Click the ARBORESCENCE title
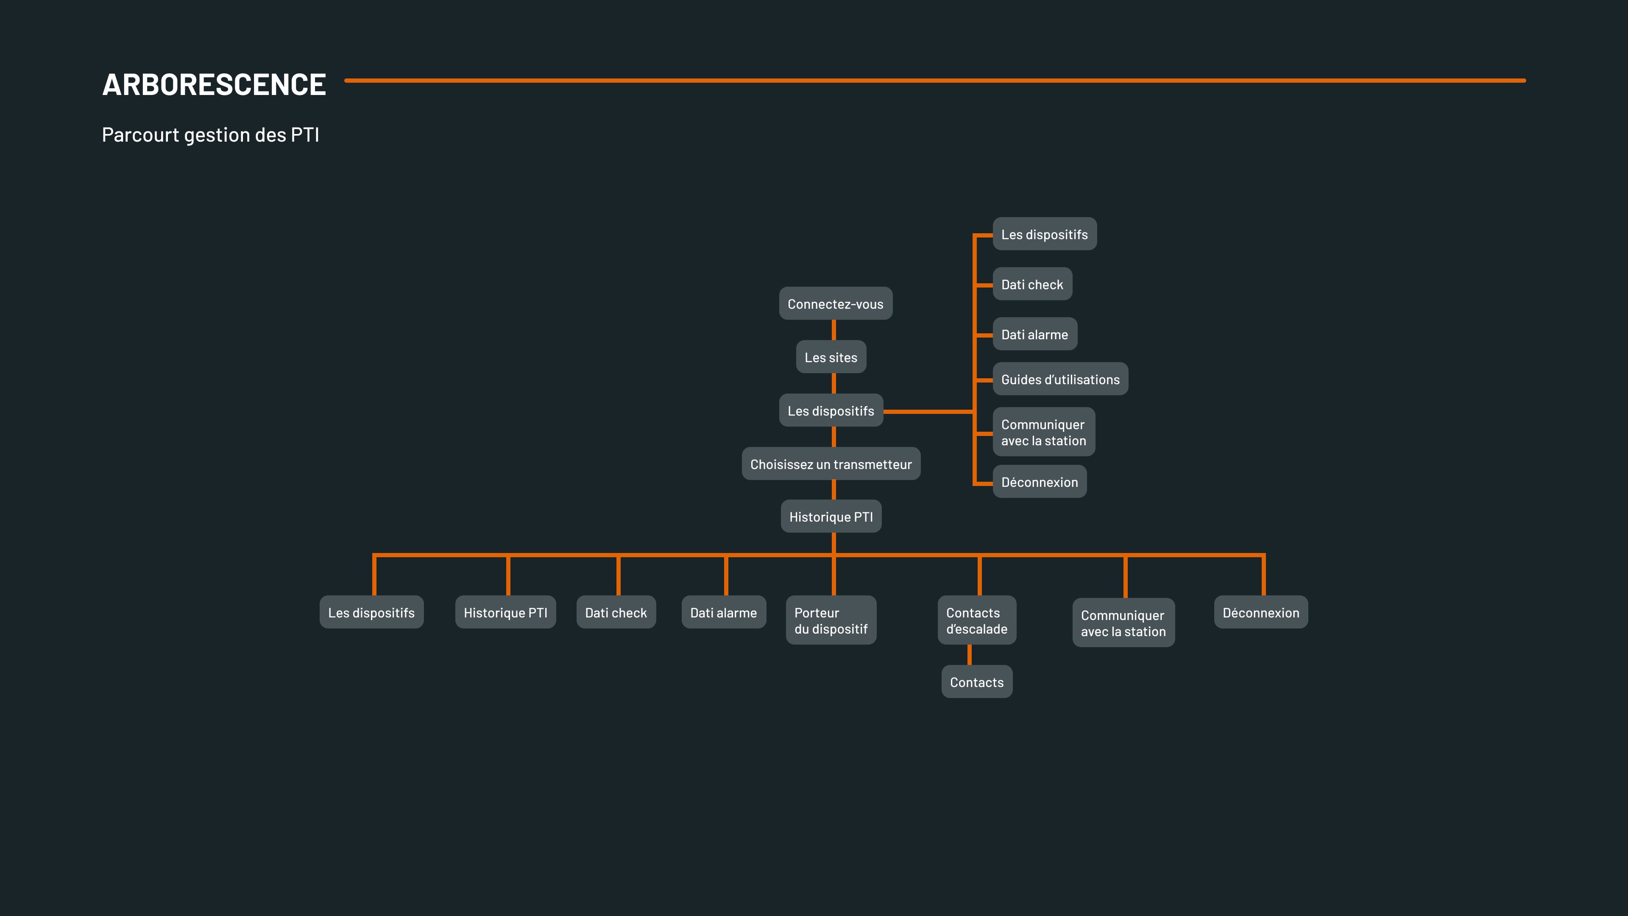[214, 85]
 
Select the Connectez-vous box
[835, 304]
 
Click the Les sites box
[831, 357]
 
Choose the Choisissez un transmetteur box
[831, 464]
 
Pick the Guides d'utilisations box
[1060, 379]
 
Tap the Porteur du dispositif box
[831, 620]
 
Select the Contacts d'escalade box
[976, 620]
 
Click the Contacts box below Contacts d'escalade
[976, 682]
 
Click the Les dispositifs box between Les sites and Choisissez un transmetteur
[831, 411]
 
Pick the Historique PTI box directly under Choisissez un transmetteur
[831, 517]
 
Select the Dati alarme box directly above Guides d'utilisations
[1034, 335]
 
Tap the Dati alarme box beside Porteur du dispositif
[723, 612]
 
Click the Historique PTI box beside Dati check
[505, 612]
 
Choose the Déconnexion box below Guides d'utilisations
[1039, 482]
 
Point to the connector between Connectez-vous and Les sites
[834, 330]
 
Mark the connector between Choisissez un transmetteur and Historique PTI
[834, 490]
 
